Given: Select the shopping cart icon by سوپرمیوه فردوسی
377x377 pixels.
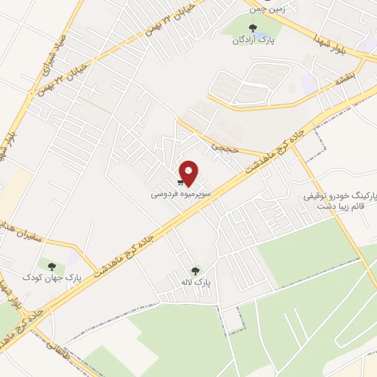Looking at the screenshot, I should pyautogui.click(x=180, y=182).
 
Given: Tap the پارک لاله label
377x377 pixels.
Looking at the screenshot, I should pyautogui.click(x=197, y=282).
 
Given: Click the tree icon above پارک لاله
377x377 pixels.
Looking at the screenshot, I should pyautogui.click(x=195, y=270).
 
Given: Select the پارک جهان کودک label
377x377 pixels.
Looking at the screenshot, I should pyautogui.click(x=72, y=277).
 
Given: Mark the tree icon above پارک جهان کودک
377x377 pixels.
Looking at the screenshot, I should pyautogui.click(x=51, y=265).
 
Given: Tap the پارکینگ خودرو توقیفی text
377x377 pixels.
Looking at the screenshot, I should pyautogui.click(x=339, y=196).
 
